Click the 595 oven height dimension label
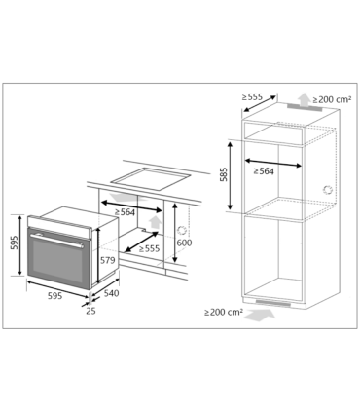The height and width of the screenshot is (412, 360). coord(13,243)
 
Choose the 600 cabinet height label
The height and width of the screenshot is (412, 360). coord(185,243)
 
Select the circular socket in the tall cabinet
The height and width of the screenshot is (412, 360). coord(327,188)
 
